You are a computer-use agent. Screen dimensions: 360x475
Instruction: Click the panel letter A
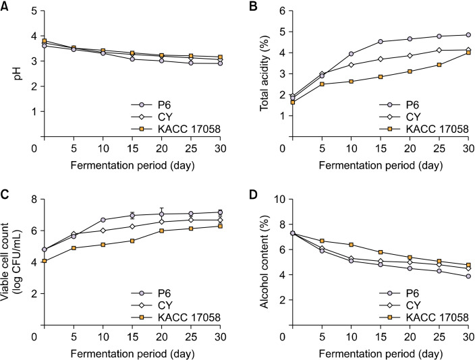coord(5,7)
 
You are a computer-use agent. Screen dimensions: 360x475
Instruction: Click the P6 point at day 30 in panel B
coord(468,35)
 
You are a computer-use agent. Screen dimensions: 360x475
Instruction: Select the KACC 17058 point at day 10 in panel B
coord(350,81)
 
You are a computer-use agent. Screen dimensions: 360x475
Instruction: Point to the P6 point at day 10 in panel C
coord(103,220)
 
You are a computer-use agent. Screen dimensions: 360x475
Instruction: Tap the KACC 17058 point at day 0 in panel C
coord(45,261)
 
